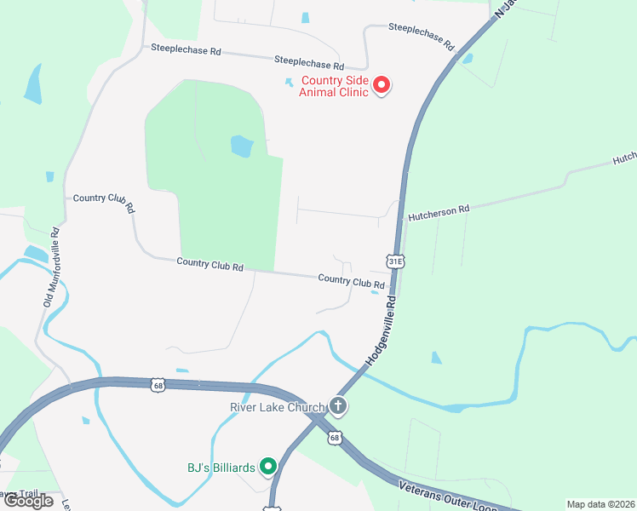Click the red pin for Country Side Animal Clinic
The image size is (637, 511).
(x=382, y=84)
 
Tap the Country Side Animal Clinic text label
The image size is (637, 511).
(x=333, y=87)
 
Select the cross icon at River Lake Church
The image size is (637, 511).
(x=338, y=405)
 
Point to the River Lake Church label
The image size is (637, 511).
(x=278, y=407)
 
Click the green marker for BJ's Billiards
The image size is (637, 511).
(x=268, y=466)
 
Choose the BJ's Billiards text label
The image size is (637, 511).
(x=220, y=467)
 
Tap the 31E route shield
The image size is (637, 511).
(x=394, y=260)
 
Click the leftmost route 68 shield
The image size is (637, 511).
(x=158, y=386)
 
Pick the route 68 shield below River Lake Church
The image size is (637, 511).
(x=334, y=438)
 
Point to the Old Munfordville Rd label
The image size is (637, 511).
(x=51, y=267)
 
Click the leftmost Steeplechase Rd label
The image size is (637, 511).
(x=186, y=50)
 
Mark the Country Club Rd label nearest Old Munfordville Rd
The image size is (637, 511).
(x=104, y=201)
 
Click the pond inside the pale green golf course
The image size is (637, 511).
(x=242, y=146)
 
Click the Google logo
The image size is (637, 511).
(x=28, y=501)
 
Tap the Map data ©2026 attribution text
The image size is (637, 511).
(x=600, y=504)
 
